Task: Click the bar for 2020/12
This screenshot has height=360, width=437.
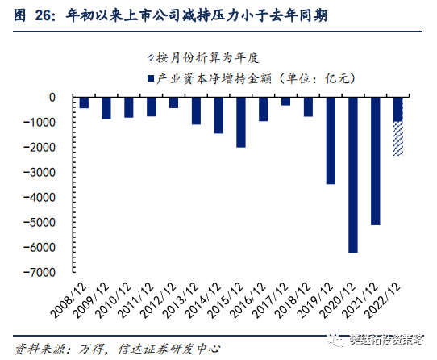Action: coord(353,174)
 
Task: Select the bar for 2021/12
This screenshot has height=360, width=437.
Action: coord(376,161)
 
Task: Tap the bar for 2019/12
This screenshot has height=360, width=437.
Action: coord(331,140)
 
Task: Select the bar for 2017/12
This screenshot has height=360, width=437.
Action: coord(285,101)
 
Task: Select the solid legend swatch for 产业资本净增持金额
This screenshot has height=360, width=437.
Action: coord(149,78)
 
